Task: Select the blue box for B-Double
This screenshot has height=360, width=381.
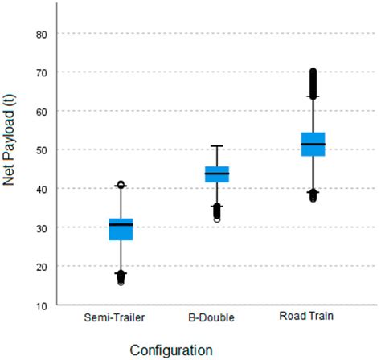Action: tap(217, 174)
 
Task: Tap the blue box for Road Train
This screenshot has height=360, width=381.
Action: tap(313, 144)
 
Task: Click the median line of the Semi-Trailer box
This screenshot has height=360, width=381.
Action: tap(121, 224)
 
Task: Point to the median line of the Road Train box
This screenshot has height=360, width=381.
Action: tap(313, 144)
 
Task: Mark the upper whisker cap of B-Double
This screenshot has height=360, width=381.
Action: tap(217, 146)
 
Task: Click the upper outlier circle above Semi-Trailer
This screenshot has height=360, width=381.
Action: tap(121, 185)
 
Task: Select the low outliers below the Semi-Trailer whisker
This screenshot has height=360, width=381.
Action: tap(121, 278)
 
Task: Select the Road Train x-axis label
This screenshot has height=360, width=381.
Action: tap(313, 317)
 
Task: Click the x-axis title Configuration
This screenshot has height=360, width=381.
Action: tap(172, 350)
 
